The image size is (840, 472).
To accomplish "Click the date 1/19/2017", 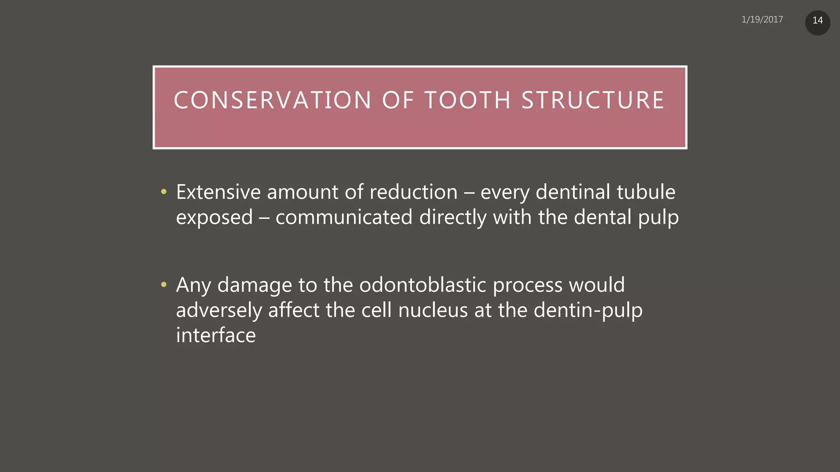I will (762, 20).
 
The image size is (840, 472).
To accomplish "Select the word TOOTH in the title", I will (468, 100).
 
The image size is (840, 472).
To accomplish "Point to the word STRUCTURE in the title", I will (593, 100).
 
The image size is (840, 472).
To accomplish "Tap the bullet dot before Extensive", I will (164, 191).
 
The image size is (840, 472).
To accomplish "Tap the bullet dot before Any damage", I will (164, 284).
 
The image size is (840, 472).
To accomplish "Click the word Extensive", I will (218, 192).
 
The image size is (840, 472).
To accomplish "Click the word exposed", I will (214, 218).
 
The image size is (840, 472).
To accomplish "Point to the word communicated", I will (344, 217).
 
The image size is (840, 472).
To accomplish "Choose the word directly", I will (452, 217).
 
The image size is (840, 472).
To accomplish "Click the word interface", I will (216, 335).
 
